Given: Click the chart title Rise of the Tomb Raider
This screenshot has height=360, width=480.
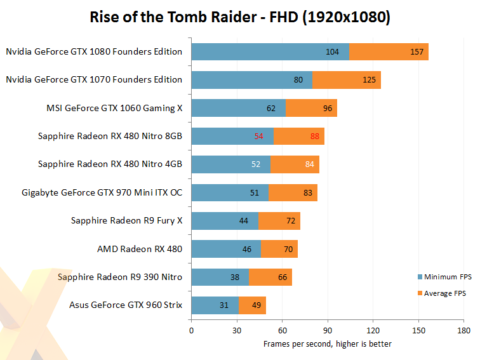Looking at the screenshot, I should coord(239,18).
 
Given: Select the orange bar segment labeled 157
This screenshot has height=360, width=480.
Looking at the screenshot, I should coord(389,51).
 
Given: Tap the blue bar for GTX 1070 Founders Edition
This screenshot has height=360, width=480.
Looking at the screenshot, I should coord(251,80).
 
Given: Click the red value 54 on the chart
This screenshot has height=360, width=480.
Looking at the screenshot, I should coord(258,136).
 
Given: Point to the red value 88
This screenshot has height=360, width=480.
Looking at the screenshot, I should coord(314,136).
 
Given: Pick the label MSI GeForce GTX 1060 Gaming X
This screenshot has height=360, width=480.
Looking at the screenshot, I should coord(114,108).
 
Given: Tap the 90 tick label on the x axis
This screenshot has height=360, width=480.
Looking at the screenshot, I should coord(327,330).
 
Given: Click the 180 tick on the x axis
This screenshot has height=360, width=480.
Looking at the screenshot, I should coord(463,330).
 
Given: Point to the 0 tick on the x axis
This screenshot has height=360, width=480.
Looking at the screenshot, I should coord(191,330).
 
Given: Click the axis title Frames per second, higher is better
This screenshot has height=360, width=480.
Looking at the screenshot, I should coord(327,343).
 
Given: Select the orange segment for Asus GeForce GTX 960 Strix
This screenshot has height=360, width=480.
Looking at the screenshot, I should coord(252,305).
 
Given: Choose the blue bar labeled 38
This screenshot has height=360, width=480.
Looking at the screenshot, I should coord(220,277).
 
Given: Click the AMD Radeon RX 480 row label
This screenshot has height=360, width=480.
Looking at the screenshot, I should coord(140,249).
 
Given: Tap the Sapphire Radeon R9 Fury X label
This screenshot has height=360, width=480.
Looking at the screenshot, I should coord(127,220).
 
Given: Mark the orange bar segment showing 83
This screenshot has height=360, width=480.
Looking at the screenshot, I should coord(293,192).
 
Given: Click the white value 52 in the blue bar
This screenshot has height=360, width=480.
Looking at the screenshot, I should coord(255,164).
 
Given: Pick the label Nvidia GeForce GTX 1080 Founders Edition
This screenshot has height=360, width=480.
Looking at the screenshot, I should coord(94,51).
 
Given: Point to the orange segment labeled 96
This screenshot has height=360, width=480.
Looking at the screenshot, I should coord(311,108).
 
